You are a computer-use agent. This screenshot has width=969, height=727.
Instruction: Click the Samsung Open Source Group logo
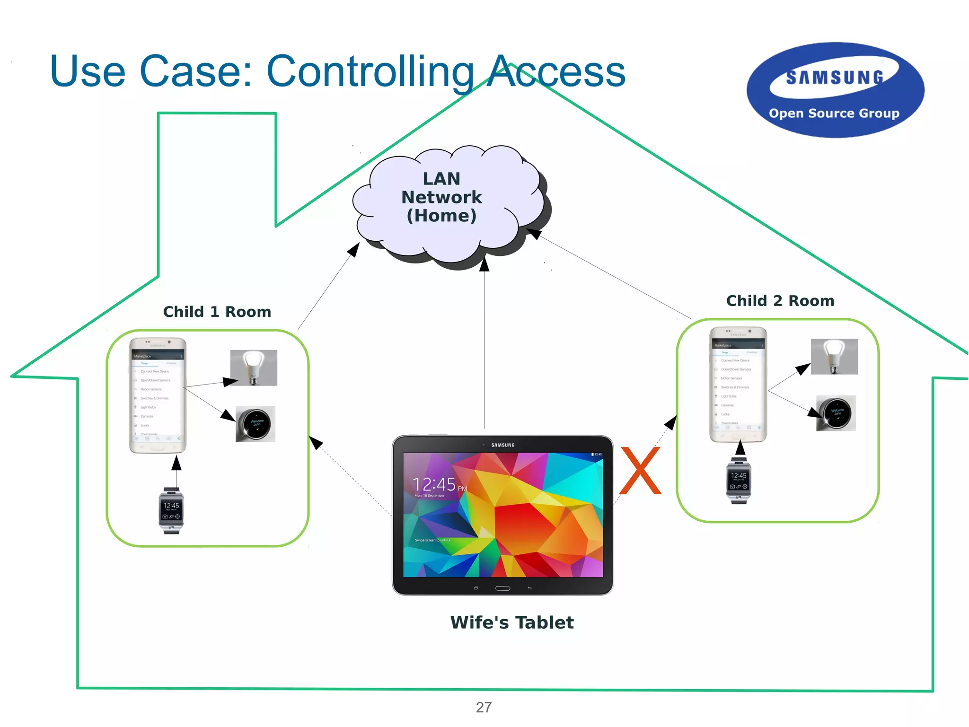point(835,90)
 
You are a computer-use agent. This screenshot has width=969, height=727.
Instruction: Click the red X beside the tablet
point(640,471)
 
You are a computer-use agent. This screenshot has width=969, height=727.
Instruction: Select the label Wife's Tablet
point(512,622)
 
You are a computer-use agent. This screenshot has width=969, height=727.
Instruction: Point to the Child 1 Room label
point(217,312)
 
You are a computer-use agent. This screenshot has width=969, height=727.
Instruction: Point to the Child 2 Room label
point(780,301)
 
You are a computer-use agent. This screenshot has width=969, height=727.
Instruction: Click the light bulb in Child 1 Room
point(254,368)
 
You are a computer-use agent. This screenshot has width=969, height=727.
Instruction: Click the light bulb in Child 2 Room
point(834,356)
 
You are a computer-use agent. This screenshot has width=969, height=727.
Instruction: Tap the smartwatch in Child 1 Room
point(171,510)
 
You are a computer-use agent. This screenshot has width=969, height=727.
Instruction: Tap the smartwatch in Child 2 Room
point(739,480)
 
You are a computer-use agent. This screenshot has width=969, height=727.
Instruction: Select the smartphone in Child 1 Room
point(158,395)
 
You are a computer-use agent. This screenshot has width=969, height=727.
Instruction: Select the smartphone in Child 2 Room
point(738,384)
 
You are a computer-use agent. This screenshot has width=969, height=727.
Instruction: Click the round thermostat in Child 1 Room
point(255,424)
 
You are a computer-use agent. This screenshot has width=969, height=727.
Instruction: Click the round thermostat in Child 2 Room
point(836,413)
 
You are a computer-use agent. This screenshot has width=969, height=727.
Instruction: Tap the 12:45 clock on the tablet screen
point(434,484)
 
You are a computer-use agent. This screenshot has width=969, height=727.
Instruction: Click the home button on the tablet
point(502,588)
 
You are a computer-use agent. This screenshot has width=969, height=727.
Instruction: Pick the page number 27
point(484,707)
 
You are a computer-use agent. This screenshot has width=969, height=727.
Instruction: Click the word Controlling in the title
point(370,72)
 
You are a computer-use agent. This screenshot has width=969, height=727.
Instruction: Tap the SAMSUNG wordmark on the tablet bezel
point(502,445)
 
